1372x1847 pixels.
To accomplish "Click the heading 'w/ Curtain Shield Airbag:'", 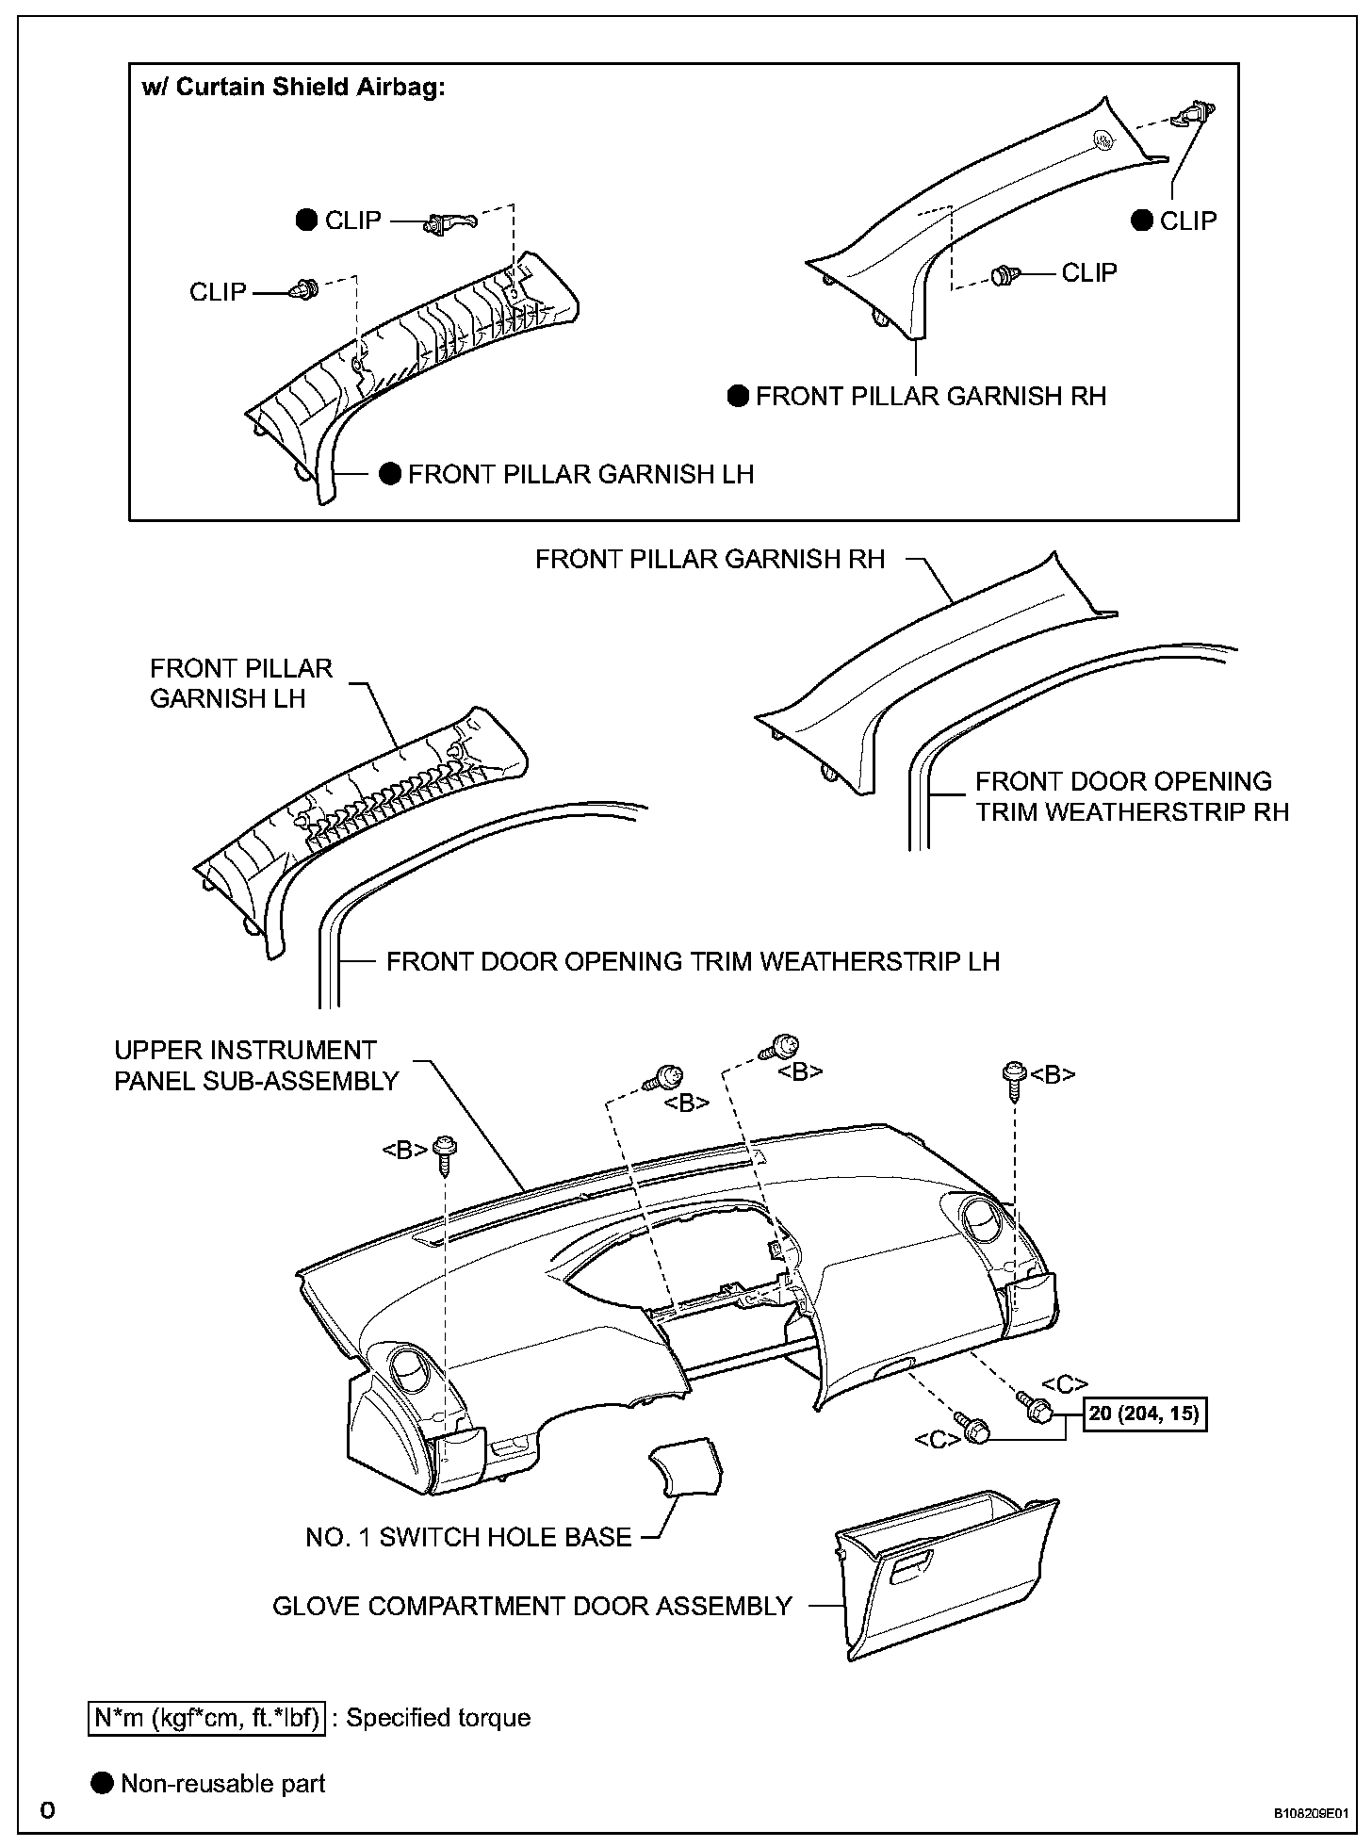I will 292,88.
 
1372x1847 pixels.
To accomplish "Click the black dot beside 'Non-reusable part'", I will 102,1784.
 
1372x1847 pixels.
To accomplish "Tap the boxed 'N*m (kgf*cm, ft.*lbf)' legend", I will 208,1718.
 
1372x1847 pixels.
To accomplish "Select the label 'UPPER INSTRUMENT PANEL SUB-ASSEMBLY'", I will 256,1066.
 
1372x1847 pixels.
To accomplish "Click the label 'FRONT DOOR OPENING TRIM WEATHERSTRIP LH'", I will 693,961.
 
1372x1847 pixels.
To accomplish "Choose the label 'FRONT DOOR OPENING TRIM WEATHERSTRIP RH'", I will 1131,796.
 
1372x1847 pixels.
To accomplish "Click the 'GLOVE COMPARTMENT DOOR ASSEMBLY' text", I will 532,1606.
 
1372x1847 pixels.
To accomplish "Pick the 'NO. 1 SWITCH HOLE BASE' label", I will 468,1537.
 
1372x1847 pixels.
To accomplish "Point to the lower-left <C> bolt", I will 971,1428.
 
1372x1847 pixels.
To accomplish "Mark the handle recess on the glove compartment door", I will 909,1566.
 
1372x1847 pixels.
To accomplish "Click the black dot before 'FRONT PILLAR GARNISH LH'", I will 390,473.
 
